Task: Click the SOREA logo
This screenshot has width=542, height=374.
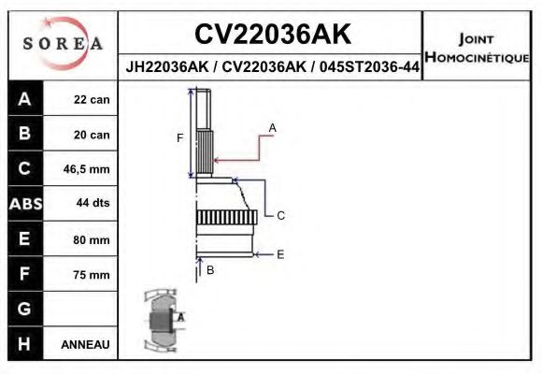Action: point(62,44)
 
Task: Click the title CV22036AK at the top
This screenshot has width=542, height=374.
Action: point(272,35)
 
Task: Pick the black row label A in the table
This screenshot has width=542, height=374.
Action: point(24,99)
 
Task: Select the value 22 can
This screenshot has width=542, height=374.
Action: point(92,100)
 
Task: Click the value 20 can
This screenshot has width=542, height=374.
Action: point(92,135)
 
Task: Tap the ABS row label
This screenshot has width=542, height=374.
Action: point(24,205)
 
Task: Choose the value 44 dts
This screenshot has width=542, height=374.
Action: point(92,205)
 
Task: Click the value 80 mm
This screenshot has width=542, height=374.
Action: point(92,240)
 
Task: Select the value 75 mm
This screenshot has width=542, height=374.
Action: point(92,275)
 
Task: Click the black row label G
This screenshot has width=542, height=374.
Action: point(24,309)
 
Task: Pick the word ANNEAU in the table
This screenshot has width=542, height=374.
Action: point(86,344)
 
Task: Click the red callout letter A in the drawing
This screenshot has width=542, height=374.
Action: point(273,127)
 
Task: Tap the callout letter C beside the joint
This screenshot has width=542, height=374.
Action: point(280,215)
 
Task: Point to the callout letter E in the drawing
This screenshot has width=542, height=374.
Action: point(280,253)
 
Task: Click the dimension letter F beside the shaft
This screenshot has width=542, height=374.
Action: point(180,138)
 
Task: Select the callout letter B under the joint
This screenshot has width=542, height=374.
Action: point(210,270)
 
